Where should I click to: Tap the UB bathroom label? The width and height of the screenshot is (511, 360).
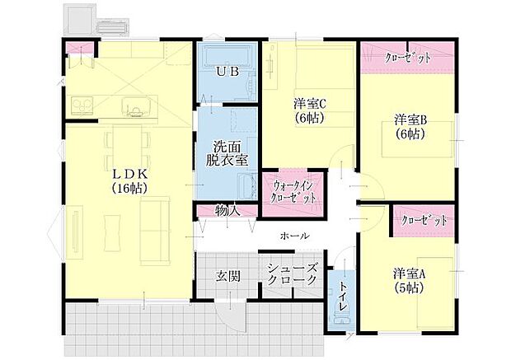click(x=227, y=72)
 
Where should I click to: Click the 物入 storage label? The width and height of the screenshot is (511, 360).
click(x=227, y=211)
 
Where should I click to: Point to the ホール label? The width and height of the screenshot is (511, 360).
click(x=295, y=236)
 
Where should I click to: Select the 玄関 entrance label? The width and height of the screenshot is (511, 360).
click(x=227, y=276)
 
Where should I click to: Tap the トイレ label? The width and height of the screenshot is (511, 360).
click(x=342, y=297)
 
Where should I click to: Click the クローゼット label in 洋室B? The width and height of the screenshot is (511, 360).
click(x=408, y=58)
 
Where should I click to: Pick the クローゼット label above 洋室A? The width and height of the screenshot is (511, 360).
click(x=424, y=221)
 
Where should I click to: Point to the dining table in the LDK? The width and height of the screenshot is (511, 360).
click(x=129, y=143)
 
